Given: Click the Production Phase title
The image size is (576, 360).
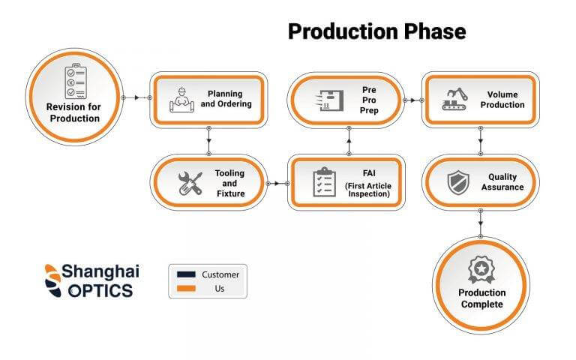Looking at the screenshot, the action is [377, 31].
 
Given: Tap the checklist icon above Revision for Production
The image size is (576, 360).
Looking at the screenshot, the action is [76, 81].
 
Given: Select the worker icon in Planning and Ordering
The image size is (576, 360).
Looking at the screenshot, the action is [181, 100].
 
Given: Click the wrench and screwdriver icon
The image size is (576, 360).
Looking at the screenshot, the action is [190, 183].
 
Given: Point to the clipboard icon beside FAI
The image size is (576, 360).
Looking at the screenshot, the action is [324, 181].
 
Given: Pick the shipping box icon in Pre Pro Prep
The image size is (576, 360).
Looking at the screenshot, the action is [329, 100].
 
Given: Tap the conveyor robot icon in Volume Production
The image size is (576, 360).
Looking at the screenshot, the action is [454, 99].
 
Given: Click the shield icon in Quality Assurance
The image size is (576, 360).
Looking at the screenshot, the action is [458, 182].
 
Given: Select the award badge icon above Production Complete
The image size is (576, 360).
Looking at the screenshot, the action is [481, 270].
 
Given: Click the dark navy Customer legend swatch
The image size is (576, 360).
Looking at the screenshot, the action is [186, 274].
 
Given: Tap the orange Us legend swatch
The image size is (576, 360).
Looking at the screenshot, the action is [186, 288].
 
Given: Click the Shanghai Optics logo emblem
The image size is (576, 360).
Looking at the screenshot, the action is [53, 280].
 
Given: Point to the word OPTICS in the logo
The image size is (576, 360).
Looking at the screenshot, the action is [100, 291].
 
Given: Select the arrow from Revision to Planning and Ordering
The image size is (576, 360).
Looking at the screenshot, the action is [136, 97].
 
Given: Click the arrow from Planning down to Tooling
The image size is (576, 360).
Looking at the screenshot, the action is [208, 141].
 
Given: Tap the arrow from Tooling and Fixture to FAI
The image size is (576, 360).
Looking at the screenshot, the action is [277, 183].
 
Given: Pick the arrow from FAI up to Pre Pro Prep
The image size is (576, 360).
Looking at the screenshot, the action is [349, 141].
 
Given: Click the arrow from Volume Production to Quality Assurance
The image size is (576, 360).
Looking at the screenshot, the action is [481, 141].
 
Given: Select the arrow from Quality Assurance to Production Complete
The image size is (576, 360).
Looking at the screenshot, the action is [481, 223].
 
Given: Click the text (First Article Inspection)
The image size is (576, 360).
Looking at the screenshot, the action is [368, 190].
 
